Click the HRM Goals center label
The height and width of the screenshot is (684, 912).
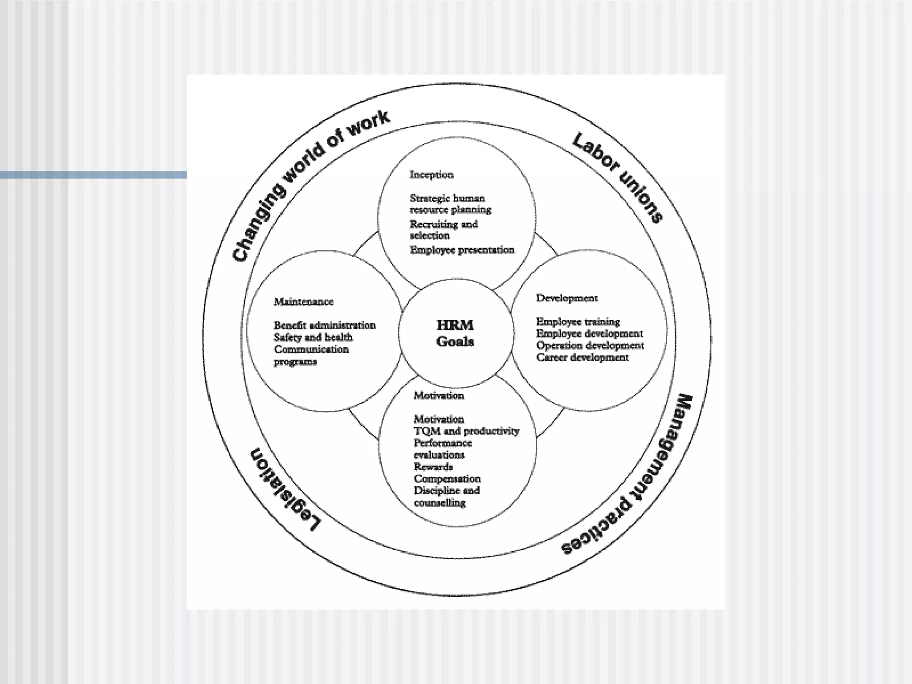(455, 333)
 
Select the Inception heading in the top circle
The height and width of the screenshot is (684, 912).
(432, 175)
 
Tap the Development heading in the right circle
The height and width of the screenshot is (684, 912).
(566, 298)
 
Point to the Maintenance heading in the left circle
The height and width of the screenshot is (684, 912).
(303, 302)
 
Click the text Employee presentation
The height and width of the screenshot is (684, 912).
(462, 250)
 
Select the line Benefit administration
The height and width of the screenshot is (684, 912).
(325, 325)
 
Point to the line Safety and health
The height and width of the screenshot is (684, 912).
(313, 337)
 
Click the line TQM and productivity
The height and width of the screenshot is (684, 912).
(466, 431)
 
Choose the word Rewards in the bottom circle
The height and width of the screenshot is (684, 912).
(433, 467)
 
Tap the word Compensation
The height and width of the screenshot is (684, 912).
(447, 479)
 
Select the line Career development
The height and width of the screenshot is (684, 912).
(582, 357)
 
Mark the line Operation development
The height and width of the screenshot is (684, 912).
(590, 346)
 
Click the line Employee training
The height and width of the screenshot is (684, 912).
(578, 322)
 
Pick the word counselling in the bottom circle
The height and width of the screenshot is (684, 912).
(440, 503)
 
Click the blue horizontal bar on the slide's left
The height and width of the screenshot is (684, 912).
(93, 175)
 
